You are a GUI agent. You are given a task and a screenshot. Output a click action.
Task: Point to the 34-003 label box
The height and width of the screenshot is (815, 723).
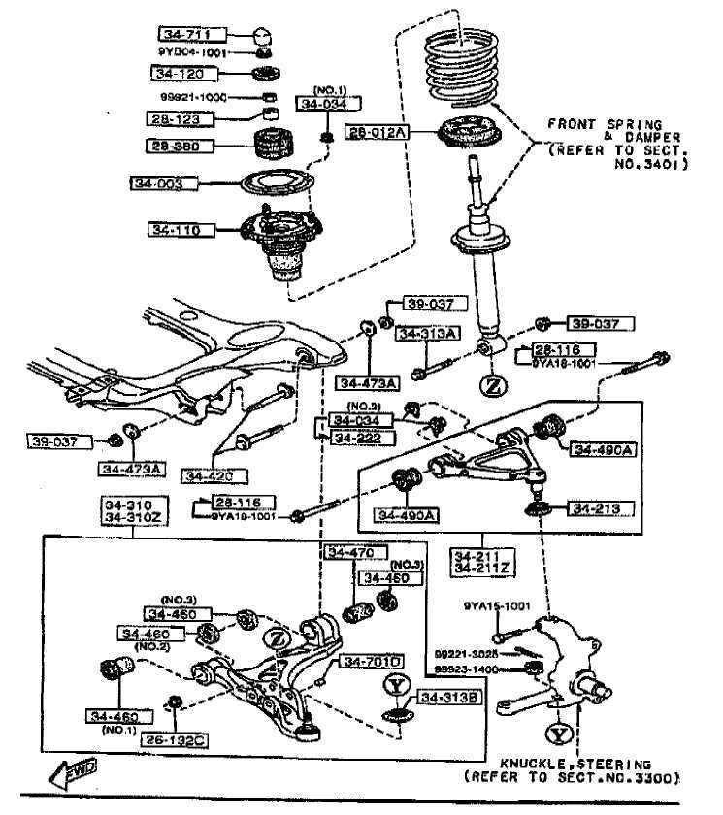click(x=168, y=182)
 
